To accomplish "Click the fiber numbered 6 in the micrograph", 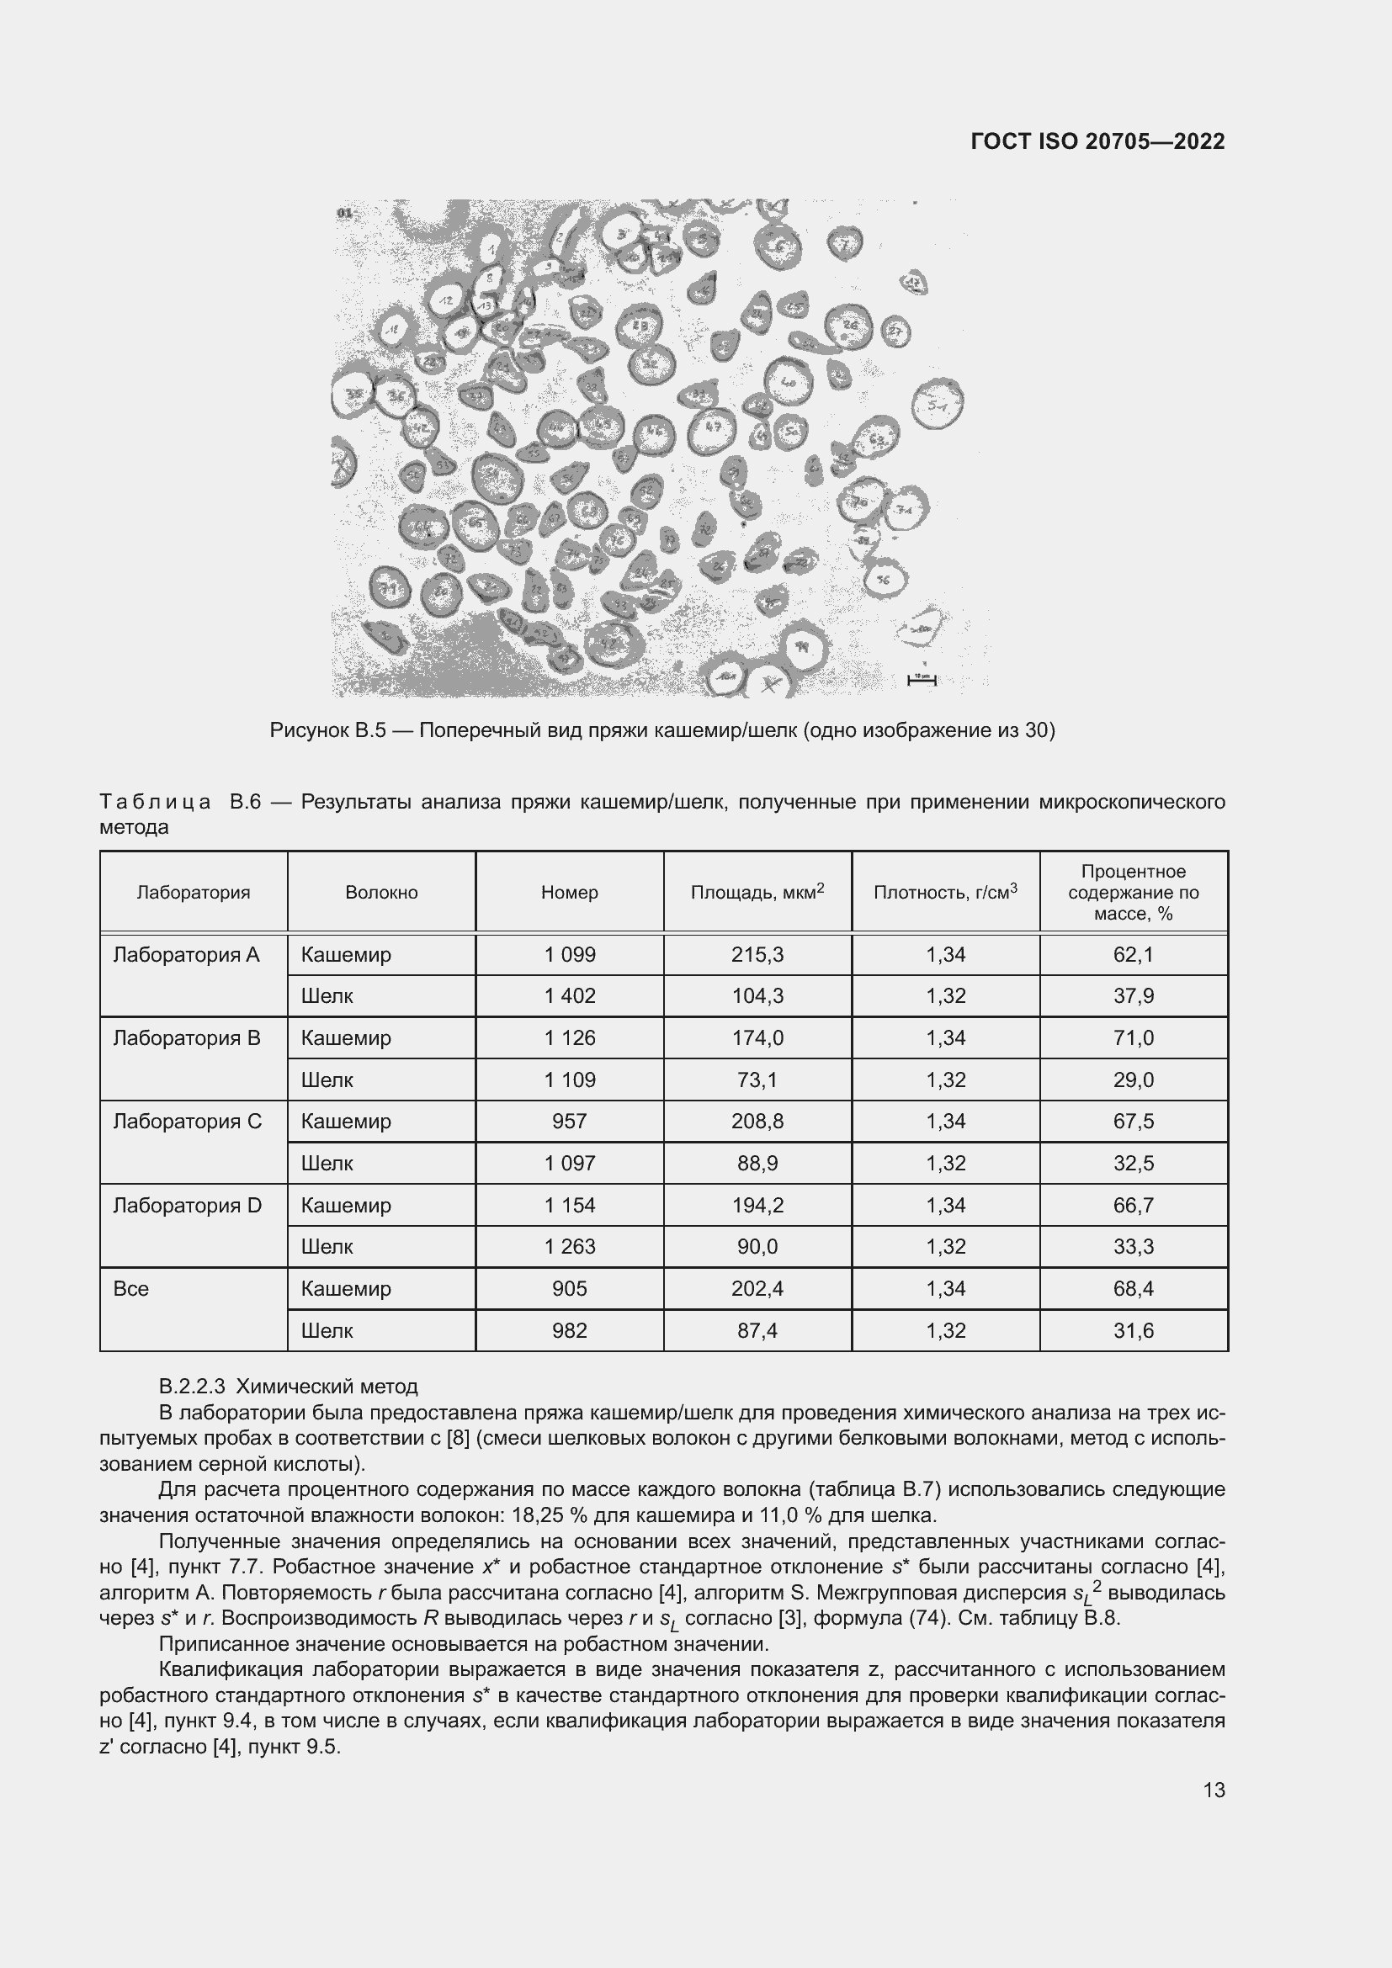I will pyautogui.click(x=778, y=246).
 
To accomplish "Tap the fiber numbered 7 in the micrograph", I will pyautogui.click(x=845, y=243).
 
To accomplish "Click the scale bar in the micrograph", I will pyautogui.click(x=922, y=681).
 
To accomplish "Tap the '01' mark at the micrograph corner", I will pyautogui.click(x=345, y=213).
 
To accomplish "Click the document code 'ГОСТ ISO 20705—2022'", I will pyautogui.click(x=1097, y=141).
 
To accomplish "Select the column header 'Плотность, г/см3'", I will pyautogui.click(x=944, y=891).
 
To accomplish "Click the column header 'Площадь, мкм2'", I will pyautogui.click(x=757, y=891).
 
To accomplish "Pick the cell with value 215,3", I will pyautogui.click(x=757, y=954).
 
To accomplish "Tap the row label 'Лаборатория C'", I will pyautogui.click(x=187, y=1121).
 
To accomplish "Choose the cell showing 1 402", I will pyautogui.click(x=569, y=996).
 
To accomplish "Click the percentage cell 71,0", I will pyautogui.click(x=1133, y=1038).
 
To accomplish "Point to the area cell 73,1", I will pyautogui.click(x=757, y=1080).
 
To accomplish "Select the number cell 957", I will pyautogui.click(x=569, y=1121).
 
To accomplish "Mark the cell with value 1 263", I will pyautogui.click(x=569, y=1246).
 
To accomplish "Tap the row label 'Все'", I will pyautogui.click(x=131, y=1288).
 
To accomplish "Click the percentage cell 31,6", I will pyautogui.click(x=1133, y=1330).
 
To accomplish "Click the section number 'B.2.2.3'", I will pyautogui.click(x=191, y=1386).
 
